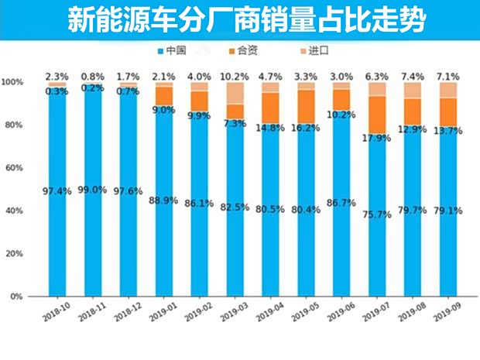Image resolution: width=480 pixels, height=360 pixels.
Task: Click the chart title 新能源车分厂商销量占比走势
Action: point(240,20)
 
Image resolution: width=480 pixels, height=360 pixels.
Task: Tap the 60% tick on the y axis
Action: point(12,168)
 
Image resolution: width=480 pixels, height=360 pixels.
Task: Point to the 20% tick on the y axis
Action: point(12,254)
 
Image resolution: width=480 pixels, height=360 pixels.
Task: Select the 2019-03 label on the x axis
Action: point(234,311)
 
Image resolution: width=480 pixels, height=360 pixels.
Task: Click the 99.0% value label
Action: point(92,190)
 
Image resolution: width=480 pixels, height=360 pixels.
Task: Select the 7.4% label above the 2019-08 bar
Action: point(413,77)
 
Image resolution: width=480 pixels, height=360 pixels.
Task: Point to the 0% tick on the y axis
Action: point(15,297)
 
